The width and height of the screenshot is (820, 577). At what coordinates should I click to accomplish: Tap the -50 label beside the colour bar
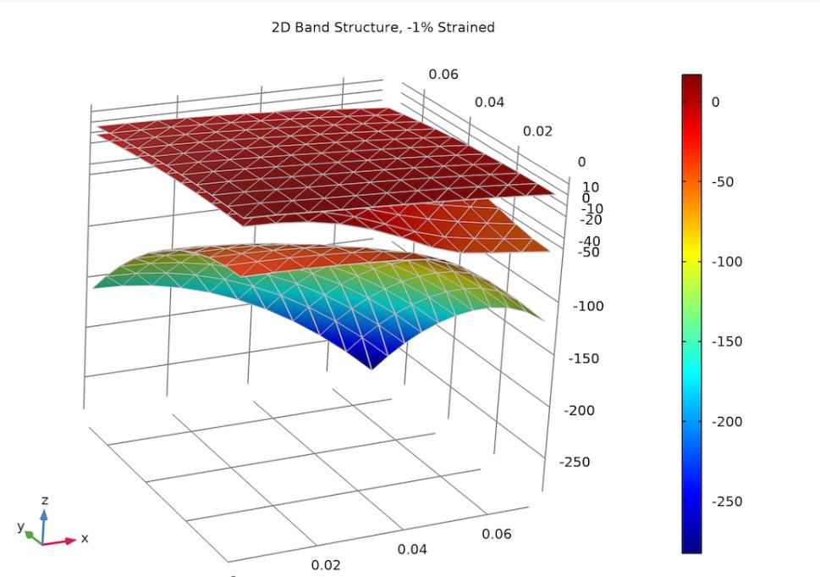(722, 181)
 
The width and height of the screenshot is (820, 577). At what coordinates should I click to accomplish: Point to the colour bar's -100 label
(725, 262)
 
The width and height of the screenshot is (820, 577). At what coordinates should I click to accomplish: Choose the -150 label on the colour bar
(725, 341)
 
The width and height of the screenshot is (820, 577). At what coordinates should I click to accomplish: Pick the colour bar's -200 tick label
(725, 421)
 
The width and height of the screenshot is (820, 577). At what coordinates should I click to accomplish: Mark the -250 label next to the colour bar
(725, 501)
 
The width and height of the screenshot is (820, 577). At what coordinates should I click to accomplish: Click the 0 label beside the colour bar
(715, 102)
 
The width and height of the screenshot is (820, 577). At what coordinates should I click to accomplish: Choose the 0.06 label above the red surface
(443, 74)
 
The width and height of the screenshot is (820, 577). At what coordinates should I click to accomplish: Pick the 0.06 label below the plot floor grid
(497, 534)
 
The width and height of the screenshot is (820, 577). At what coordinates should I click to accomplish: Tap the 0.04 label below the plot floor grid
(412, 549)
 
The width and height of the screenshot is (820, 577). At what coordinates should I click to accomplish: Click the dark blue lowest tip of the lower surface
(373, 368)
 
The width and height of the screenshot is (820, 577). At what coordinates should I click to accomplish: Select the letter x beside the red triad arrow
(85, 538)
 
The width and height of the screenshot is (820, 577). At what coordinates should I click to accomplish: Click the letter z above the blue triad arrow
(45, 501)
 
